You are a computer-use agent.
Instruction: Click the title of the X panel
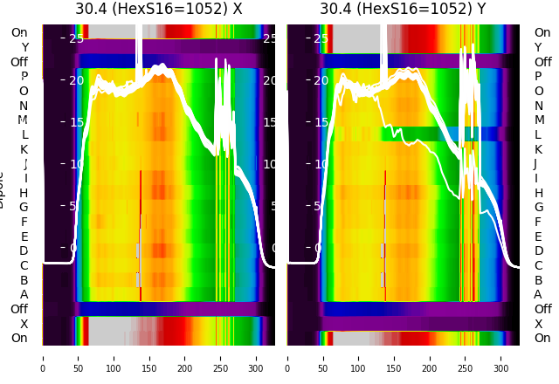pos(158,9)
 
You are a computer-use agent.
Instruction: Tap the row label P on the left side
pos(24,77)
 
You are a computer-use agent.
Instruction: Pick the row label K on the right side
pos(538,149)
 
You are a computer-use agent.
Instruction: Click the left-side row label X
pos(24,324)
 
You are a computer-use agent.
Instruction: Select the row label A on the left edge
pos(24,295)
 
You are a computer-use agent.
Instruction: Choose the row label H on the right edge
pos(538,193)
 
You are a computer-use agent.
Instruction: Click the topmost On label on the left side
pos(19,33)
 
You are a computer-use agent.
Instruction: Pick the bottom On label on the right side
pos(542,339)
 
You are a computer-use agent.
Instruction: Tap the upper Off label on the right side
pos(542,62)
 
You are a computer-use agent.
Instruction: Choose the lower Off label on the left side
pos(19,309)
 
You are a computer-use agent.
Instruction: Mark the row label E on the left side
pos(24,237)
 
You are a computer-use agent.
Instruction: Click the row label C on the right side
pos(538,265)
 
